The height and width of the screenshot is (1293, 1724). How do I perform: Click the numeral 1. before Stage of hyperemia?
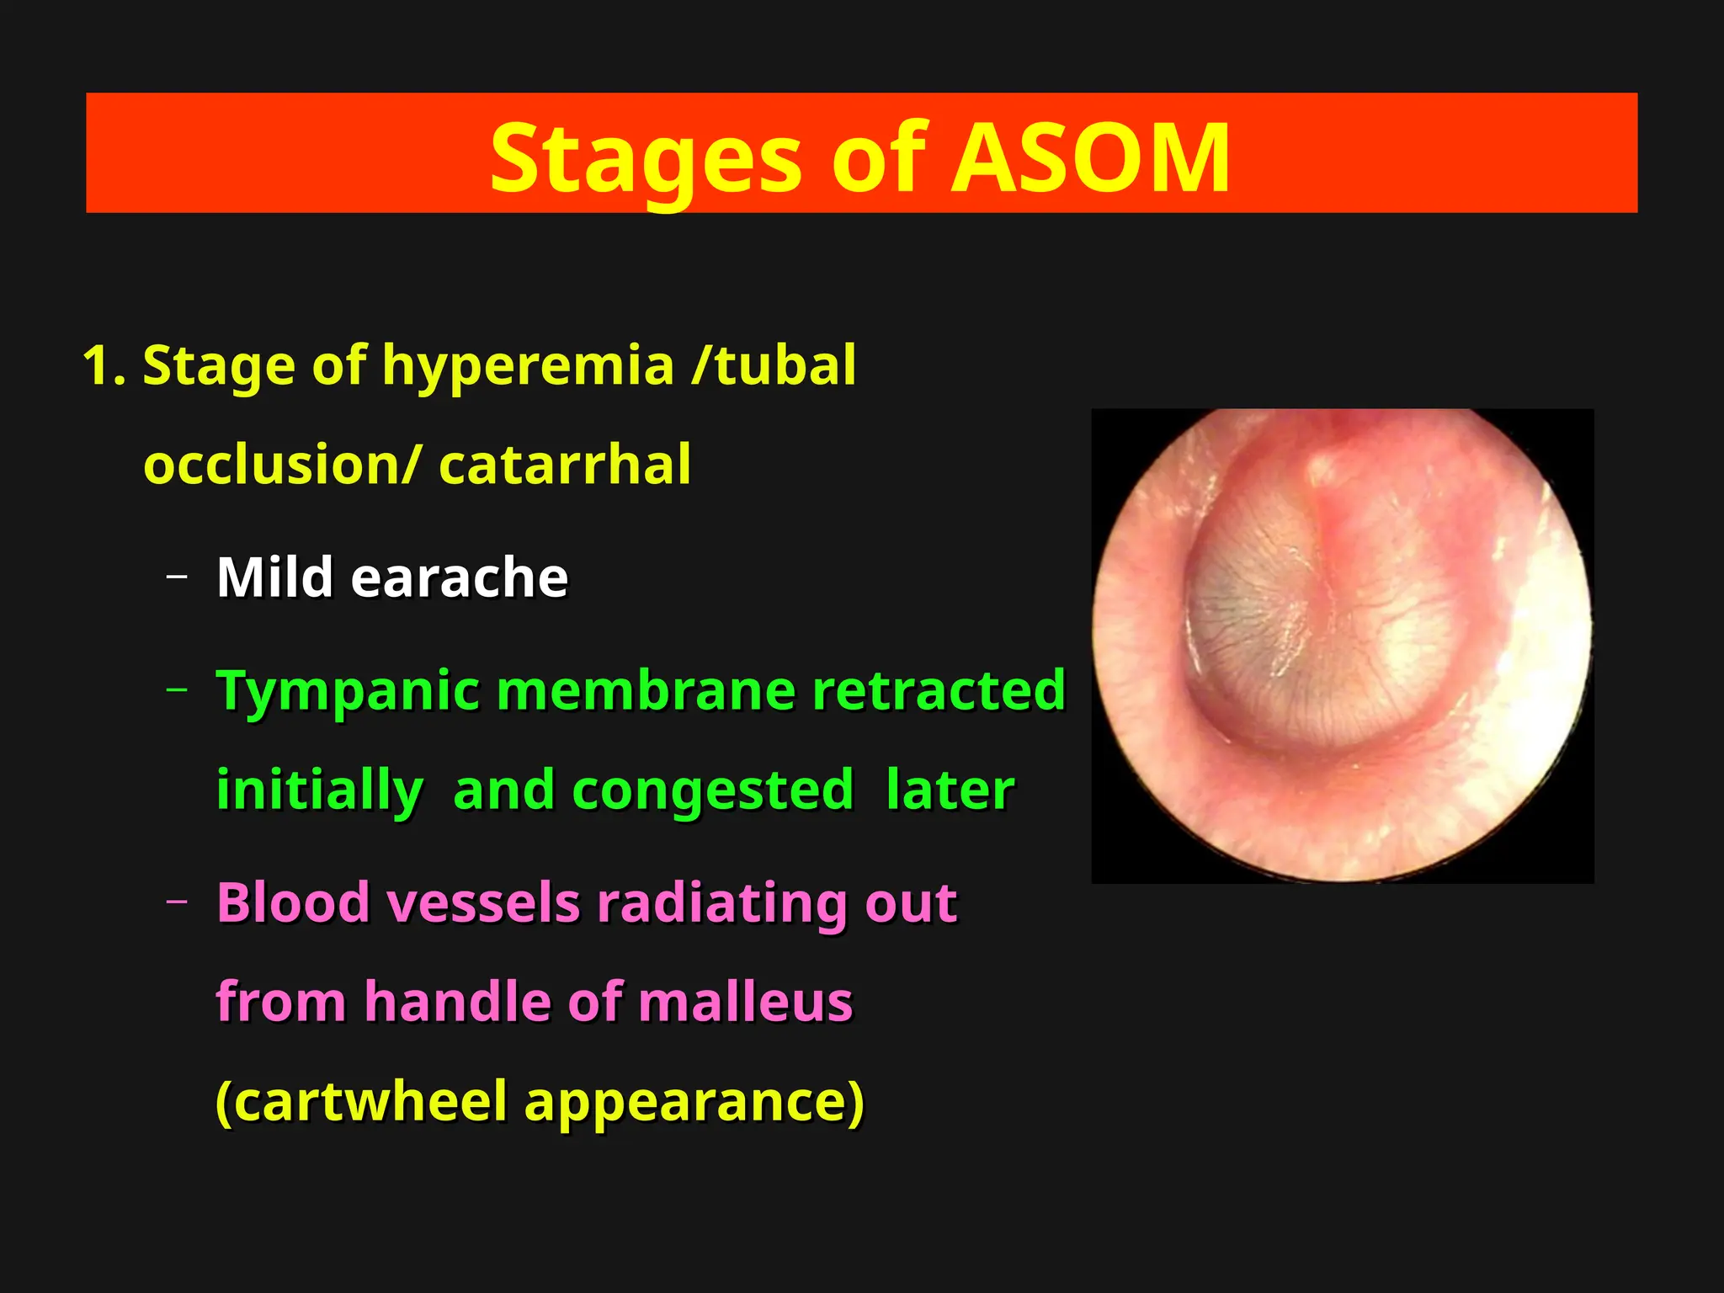point(104,366)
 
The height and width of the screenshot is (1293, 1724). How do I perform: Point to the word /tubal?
point(773,366)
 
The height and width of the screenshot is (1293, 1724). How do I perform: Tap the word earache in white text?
point(460,577)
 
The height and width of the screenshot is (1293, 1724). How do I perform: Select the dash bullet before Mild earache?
point(177,577)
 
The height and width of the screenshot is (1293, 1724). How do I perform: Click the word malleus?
point(744,1002)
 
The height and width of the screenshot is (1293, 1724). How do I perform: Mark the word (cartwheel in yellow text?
point(362,1101)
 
